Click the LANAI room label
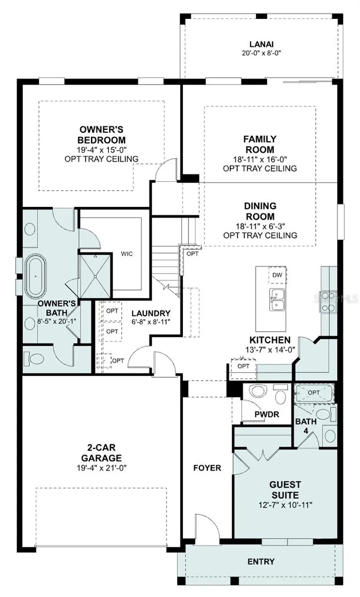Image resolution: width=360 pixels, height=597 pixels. click(262, 44)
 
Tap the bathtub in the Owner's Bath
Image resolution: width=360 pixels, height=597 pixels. click(35, 277)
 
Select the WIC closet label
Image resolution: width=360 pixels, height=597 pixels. click(127, 254)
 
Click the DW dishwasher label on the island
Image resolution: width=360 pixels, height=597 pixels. click(277, 275)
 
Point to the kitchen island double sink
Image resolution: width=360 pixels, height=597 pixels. click(277, 299)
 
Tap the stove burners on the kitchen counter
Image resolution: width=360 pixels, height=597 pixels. click(328, 302)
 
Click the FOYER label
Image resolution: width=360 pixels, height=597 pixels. click(207, 468)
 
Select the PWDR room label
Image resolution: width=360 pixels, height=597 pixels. click(267, 414)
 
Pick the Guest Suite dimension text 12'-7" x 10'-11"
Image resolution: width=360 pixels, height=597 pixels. click(285, 505)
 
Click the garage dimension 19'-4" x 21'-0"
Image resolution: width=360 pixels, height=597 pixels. click(101, 468)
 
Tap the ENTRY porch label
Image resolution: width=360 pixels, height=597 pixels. click(261, 562)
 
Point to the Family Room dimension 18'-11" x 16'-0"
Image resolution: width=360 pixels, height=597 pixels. click(260, 159)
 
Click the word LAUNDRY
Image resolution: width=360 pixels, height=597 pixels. click(151, 313)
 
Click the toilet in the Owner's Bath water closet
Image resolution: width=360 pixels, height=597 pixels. click(34, 359)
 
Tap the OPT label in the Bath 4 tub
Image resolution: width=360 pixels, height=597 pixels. click(314, 393)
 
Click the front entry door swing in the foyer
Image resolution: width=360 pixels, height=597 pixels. click(207, 528)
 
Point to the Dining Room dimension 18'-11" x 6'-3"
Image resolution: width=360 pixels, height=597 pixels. click(261, 226)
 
